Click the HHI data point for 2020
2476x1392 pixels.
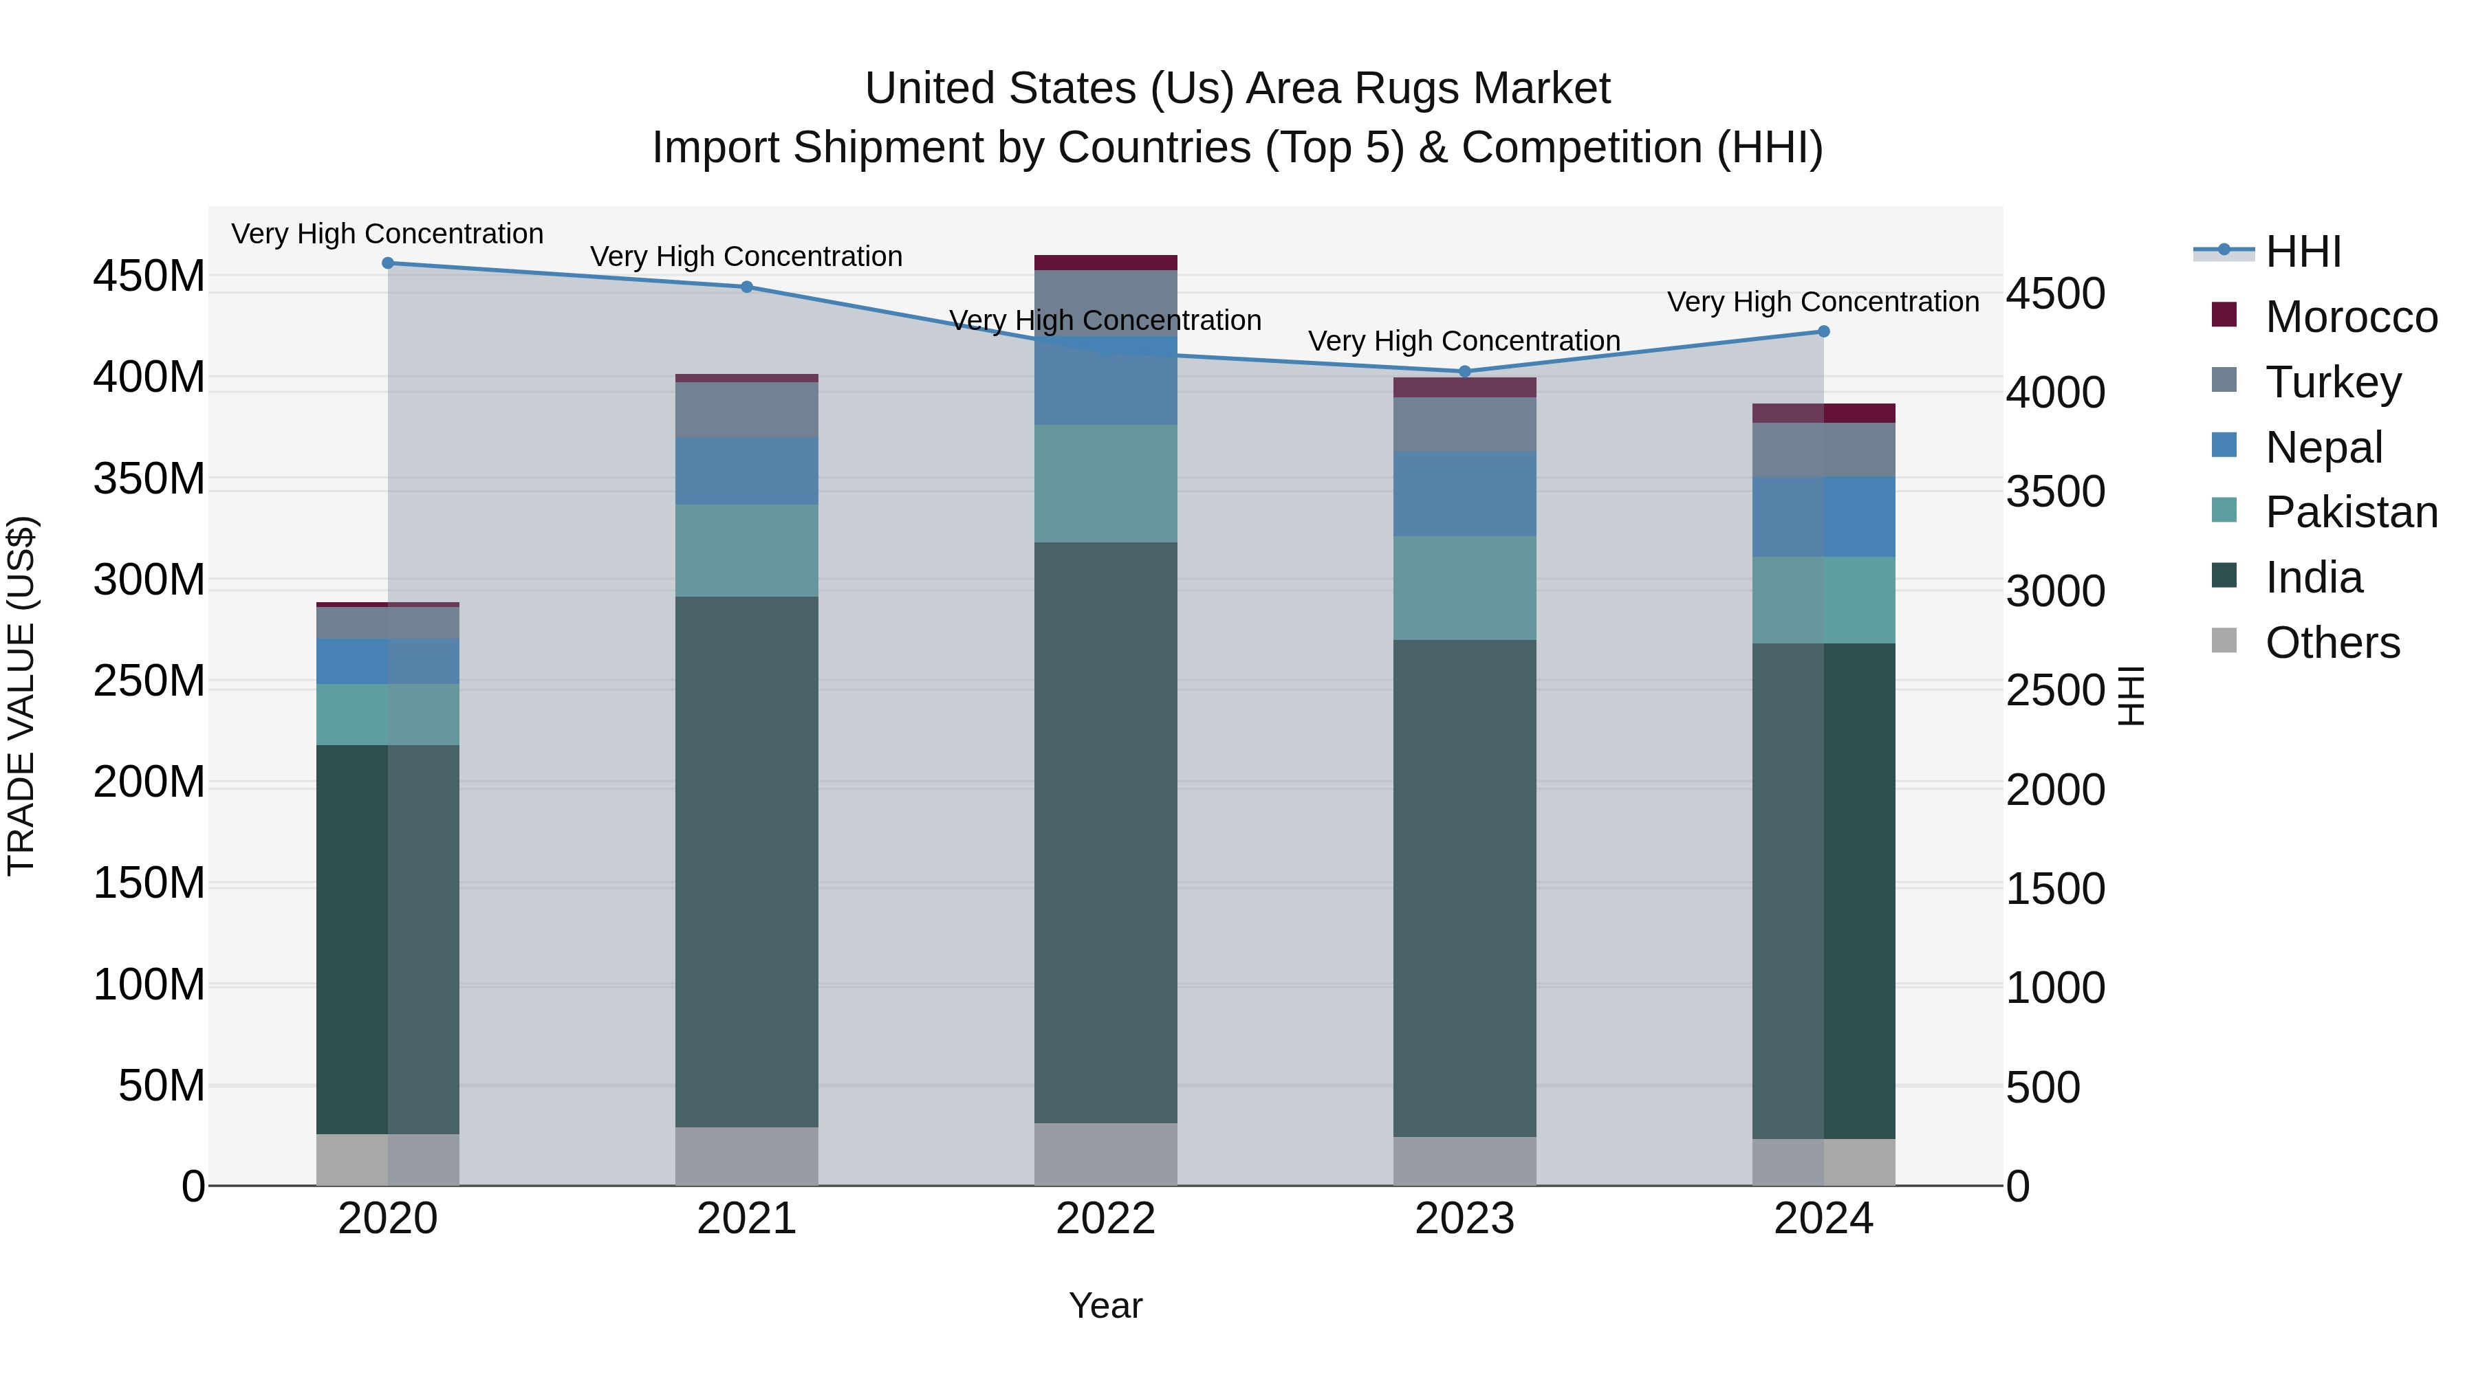click(x=389, y=263)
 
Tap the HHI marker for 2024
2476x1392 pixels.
click(x=1823, y=331)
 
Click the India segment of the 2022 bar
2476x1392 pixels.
click(x=1105, y=832)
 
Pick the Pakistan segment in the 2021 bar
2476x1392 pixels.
click(x=747, y=551)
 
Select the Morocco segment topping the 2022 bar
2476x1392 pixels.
click(x=1105, y=263)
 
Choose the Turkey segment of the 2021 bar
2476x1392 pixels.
click(x=747, y=410)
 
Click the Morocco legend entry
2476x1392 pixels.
click(x=2350, y=317)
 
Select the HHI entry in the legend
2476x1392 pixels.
click(x=2302, y=252)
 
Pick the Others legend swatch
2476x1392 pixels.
click(x=2224, y=641)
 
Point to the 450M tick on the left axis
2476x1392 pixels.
click(x=149, y=276)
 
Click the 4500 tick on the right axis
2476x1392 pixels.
click(x=2055, y=294)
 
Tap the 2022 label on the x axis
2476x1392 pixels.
click(x=1105, y=1219)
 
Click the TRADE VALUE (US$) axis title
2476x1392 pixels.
click(x=21, y=696)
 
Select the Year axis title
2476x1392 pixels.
click(x=1105, y=1305)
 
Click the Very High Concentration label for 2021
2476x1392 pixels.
click(x=747, y=256)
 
